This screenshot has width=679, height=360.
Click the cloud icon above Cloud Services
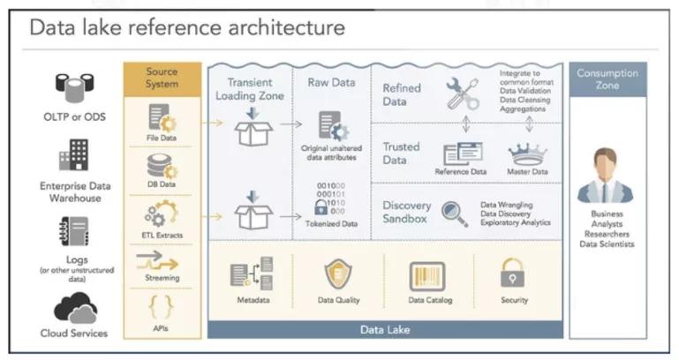click(75, 309)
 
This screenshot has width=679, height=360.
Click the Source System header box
click(162, 78)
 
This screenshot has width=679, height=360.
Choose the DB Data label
click(162, 184)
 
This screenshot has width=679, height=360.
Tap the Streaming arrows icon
click(162, 261)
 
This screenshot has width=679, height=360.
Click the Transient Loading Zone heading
click(250, 89)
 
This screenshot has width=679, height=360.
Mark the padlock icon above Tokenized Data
click(321, 207)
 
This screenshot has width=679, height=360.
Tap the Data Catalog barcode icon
click(426, 275)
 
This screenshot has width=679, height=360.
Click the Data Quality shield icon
click(338, 275)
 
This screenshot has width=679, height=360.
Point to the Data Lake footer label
click(384, 329)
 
